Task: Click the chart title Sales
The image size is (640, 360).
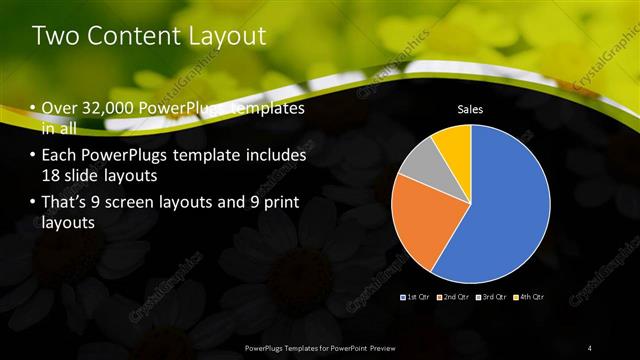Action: click(471, 108)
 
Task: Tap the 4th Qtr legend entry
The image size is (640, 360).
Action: click(529, 297)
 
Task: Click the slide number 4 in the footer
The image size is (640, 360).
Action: click(589, 348)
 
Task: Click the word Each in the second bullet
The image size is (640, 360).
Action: click(59, 156)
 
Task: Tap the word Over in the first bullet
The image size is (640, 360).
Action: click(60, 108)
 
